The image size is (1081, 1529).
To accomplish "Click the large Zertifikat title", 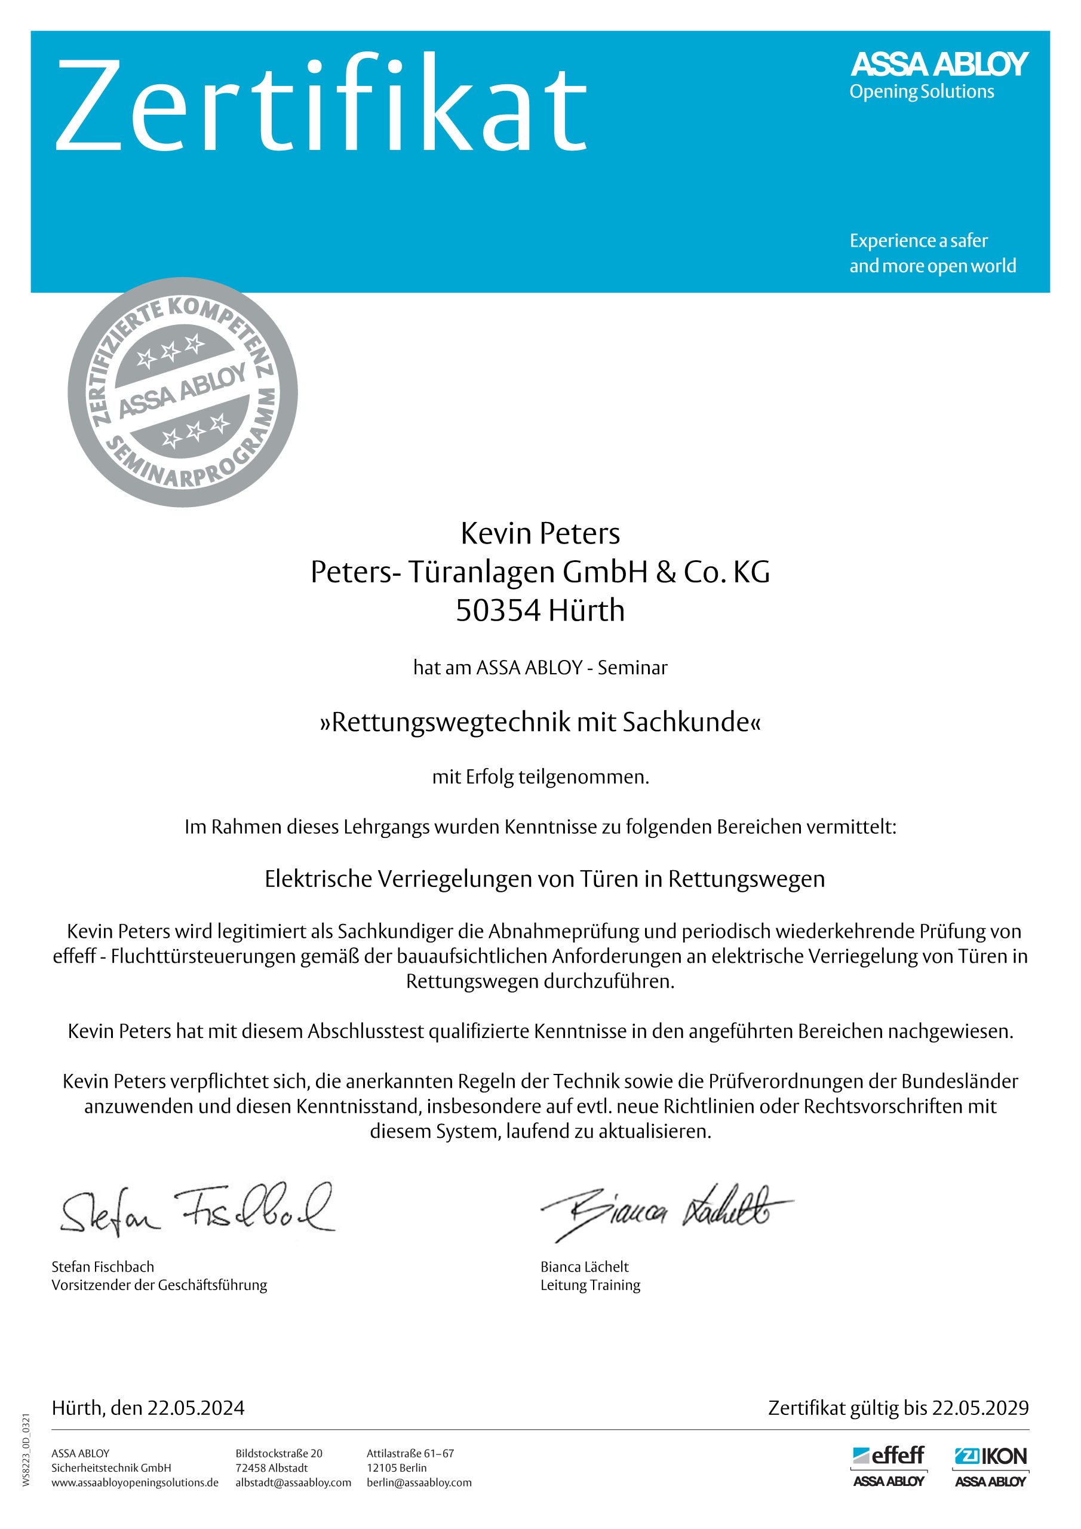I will click(321, 105).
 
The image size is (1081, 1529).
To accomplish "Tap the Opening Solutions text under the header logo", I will click(921, 92).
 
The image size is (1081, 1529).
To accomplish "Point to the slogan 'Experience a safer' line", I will click(918, 241).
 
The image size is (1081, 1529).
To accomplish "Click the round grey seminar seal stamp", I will click(183, 392).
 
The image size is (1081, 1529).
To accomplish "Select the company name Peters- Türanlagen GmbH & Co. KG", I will click(539, 572).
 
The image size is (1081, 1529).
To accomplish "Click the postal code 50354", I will click(497, 610).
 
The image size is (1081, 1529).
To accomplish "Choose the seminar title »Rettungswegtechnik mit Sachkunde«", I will click(539, 722).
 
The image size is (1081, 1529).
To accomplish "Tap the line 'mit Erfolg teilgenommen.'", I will click(539, 777).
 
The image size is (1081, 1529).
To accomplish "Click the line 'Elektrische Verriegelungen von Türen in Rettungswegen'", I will click(544, 879).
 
